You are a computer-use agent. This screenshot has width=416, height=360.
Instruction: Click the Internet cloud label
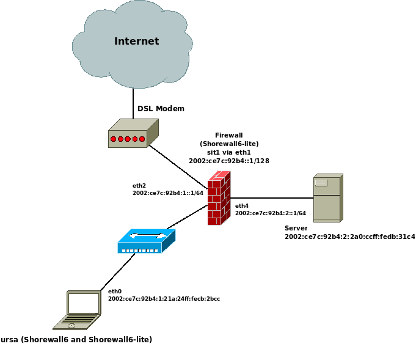136,42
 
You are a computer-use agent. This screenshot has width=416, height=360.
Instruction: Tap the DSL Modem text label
161,109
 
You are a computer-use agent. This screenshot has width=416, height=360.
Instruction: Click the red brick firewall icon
219,198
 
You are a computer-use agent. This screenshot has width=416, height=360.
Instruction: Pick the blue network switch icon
146,241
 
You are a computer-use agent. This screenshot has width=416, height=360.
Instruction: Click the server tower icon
327,197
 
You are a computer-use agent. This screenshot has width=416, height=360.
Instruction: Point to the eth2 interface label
139,185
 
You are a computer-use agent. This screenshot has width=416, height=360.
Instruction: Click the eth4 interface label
242,206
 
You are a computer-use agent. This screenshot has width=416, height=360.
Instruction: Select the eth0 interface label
115,292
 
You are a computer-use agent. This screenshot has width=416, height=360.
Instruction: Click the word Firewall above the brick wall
229,135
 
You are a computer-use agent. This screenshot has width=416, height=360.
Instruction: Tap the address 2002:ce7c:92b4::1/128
229,161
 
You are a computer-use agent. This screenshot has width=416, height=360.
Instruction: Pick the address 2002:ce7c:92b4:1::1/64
168,193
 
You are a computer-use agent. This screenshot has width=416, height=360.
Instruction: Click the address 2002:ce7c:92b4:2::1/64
271,213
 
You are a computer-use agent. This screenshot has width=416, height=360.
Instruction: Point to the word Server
296,228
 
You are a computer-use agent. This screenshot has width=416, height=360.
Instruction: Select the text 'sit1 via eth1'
229,152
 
